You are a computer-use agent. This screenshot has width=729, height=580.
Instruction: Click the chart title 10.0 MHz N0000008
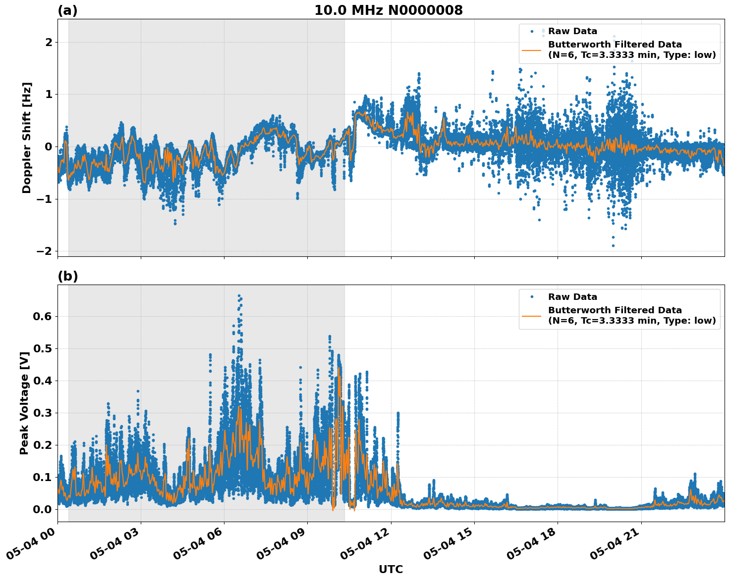coord(388,10)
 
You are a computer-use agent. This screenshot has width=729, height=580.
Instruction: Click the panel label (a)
coord(67,10)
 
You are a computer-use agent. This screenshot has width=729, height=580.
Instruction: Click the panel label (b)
coord(67,276)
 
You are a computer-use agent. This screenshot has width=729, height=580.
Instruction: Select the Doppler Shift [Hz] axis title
coord(27,138)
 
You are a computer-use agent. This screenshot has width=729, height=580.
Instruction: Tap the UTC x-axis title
coord(391,569)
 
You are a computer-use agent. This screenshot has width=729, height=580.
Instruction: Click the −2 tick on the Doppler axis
coord(44,251)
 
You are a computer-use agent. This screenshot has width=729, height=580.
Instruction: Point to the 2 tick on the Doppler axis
coord(49,43)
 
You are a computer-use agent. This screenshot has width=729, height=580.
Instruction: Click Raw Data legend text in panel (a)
coord(572,31)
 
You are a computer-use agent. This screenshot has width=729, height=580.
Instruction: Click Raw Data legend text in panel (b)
coord(572,297)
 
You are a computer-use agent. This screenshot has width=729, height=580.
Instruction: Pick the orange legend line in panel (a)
coord(532,50)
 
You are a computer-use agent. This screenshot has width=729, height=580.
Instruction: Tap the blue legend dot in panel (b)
coord(532,297)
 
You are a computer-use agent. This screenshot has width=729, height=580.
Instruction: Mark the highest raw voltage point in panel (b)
coord(238,295)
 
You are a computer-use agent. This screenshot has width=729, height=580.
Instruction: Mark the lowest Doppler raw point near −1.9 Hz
coord(613,245)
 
